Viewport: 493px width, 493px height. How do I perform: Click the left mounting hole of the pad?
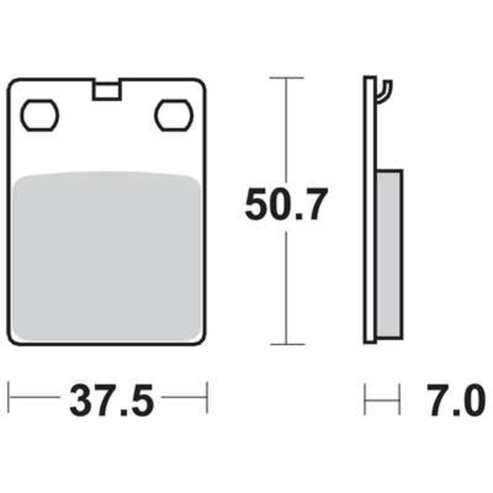[x=40, y=115]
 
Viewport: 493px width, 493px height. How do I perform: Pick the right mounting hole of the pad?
[x=174, y=115]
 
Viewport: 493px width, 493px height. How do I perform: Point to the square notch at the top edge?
[x=107, y=90]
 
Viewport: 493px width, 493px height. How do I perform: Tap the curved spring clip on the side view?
[x=385, y=92]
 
